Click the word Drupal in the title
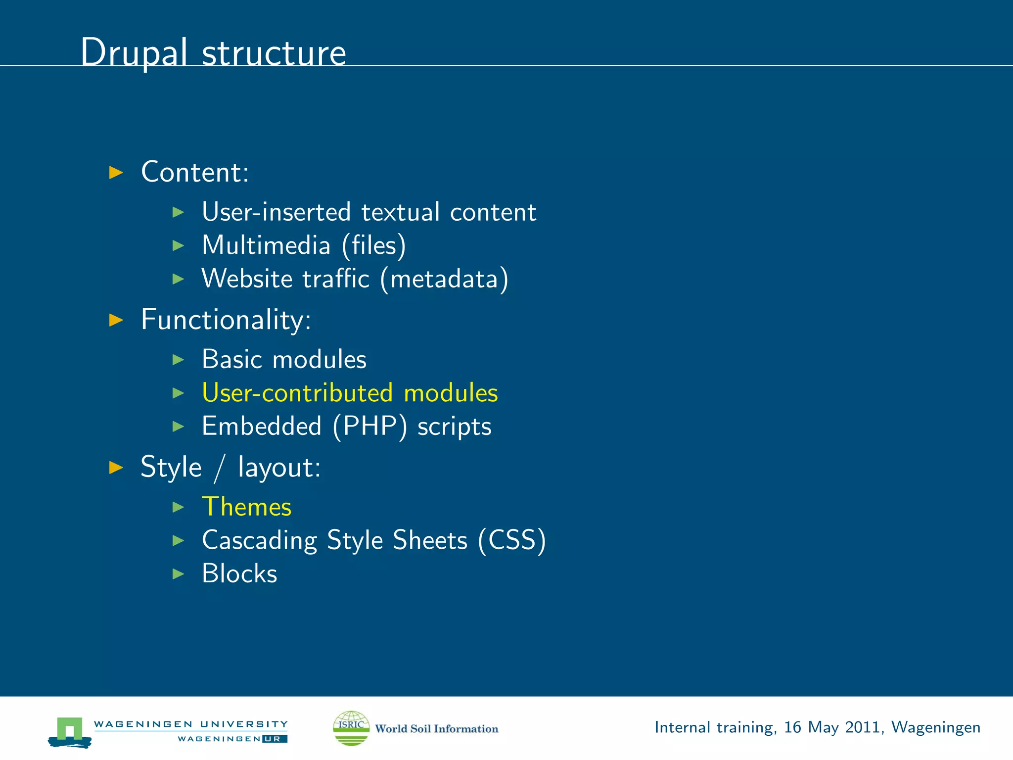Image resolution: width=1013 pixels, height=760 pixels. pos(134,52)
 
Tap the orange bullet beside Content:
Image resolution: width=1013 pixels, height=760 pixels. pos(116,173)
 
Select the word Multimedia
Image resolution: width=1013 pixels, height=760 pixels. pos(266,245)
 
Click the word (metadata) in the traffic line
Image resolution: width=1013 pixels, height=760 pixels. pos(444,279)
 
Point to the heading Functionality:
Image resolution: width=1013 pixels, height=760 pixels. pos(226,320)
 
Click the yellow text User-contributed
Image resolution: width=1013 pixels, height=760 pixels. pos(297,393)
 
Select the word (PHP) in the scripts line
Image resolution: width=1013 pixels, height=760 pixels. pos(370,427)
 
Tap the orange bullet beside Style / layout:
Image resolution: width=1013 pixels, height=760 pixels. pos(116,467)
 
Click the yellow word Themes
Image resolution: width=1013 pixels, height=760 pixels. pos(247,507)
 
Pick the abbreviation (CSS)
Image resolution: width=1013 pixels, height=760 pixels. pos(512,540)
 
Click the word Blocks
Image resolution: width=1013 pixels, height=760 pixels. pos(239,574)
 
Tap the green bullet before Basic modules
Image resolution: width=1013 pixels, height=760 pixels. pos(178,360)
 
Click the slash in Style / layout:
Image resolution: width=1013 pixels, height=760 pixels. pos(220,468)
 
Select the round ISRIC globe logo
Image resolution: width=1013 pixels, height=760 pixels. pos(351,728)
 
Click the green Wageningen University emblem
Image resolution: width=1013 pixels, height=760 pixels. pos(70,731)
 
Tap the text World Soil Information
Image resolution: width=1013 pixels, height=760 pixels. pos(436,729)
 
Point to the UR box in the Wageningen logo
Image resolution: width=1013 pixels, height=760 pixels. pos(275,739)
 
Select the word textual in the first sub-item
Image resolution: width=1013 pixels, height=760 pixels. pos(400,212)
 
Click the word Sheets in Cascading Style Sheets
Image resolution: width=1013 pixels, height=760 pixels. pos(430,540)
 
